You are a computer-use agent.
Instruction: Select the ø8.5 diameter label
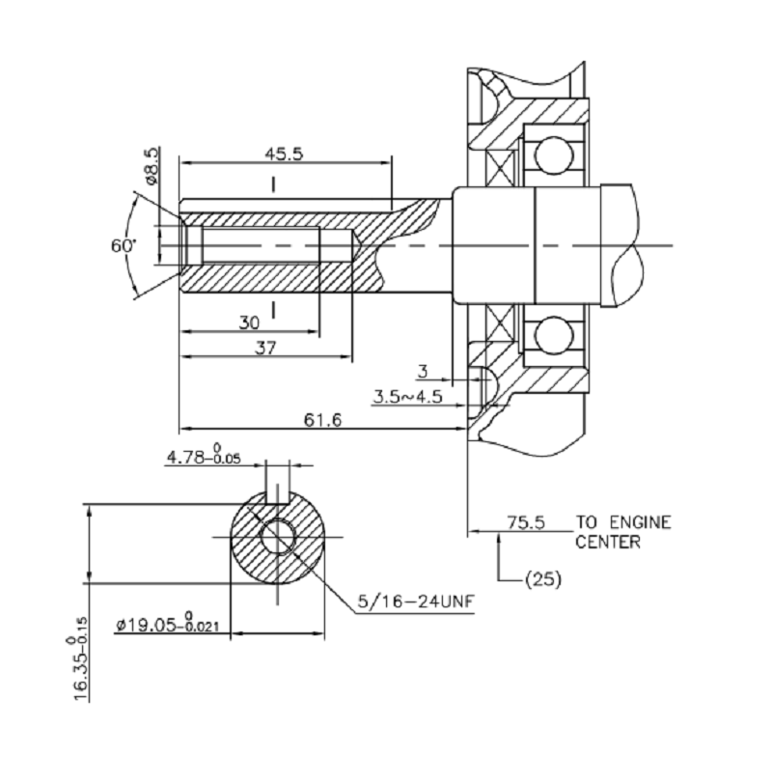[x=151, y=166]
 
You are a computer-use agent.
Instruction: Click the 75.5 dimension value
[x=527, y=522]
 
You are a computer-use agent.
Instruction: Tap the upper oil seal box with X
[x=500, y=164]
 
